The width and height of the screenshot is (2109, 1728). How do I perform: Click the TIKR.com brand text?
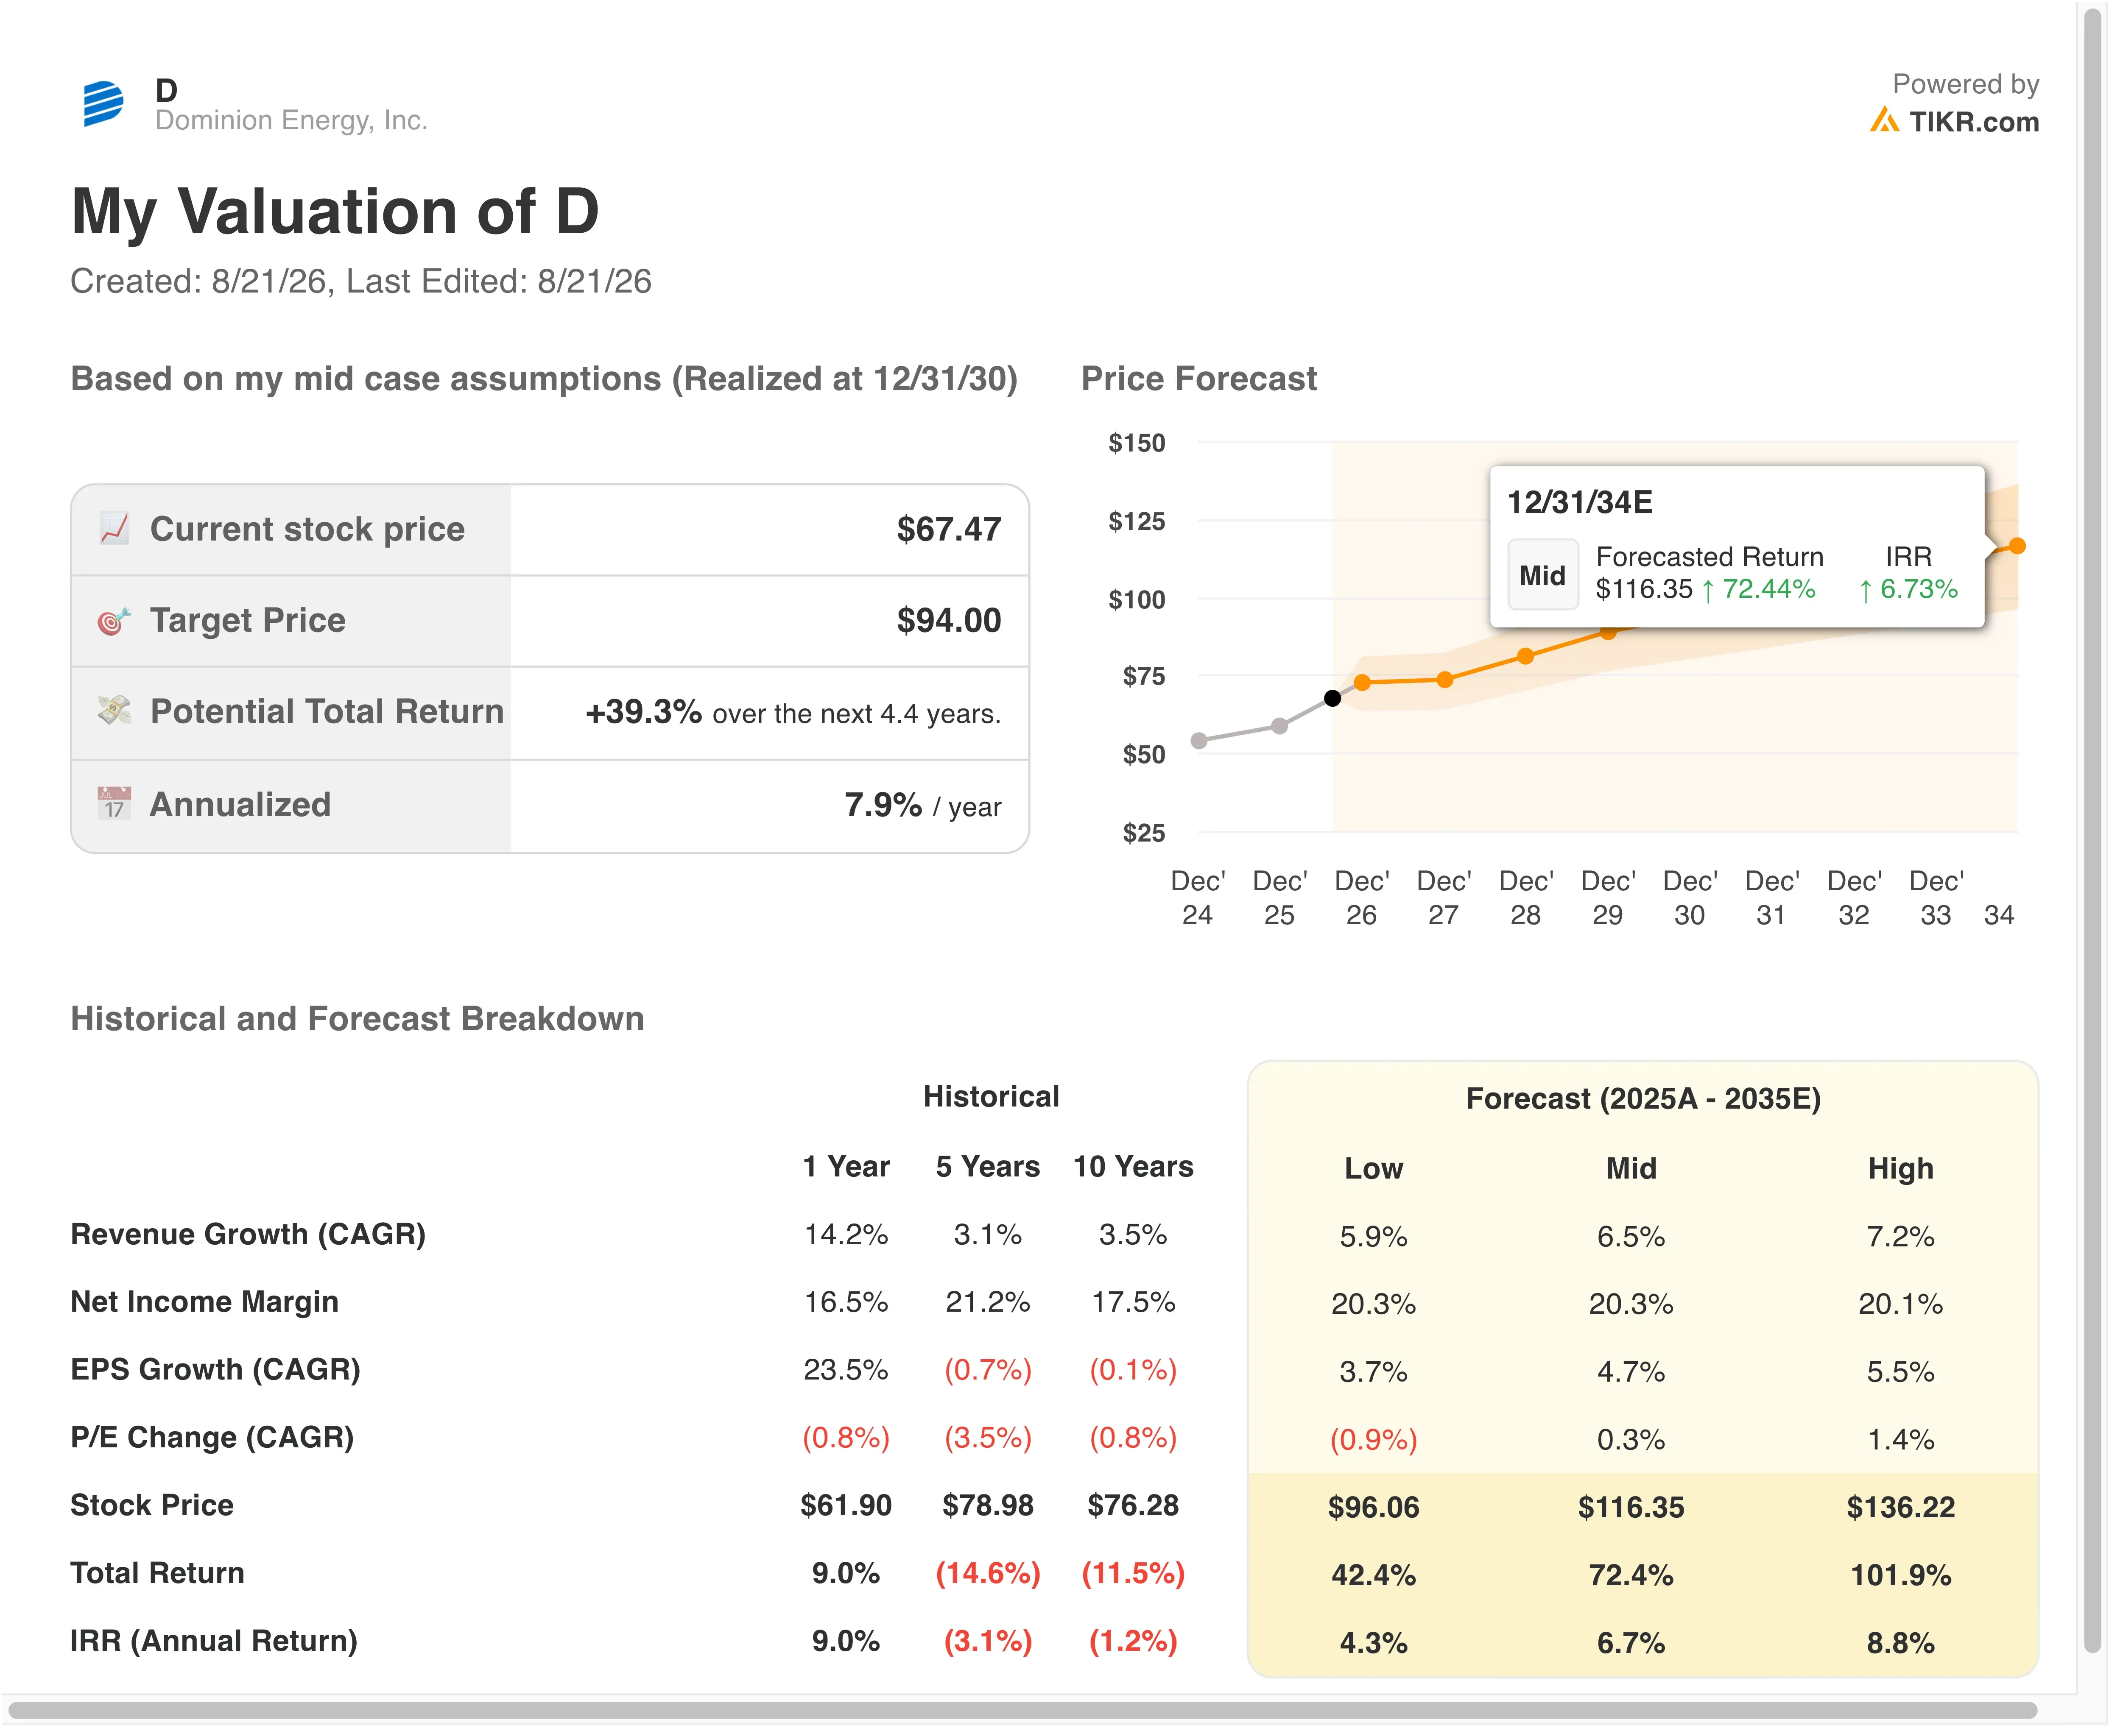(x=1974, y=121)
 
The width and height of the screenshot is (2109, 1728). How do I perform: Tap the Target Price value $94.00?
(x=949, y=620)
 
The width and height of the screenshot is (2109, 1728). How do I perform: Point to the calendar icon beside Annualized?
(x=114, y=803)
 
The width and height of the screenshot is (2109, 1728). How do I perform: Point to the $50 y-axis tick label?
(x=1143, y=755)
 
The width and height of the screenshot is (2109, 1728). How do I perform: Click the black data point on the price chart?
(x=1332, y=698)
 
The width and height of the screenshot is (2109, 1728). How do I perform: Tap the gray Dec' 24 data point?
(x=1199, y=741)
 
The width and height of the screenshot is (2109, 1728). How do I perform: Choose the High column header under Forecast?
(x=1900, y=1168)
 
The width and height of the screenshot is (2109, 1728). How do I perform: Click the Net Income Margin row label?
(x=204, y=1302)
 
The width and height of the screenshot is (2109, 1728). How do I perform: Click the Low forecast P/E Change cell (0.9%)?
(x=1373, y=1439)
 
